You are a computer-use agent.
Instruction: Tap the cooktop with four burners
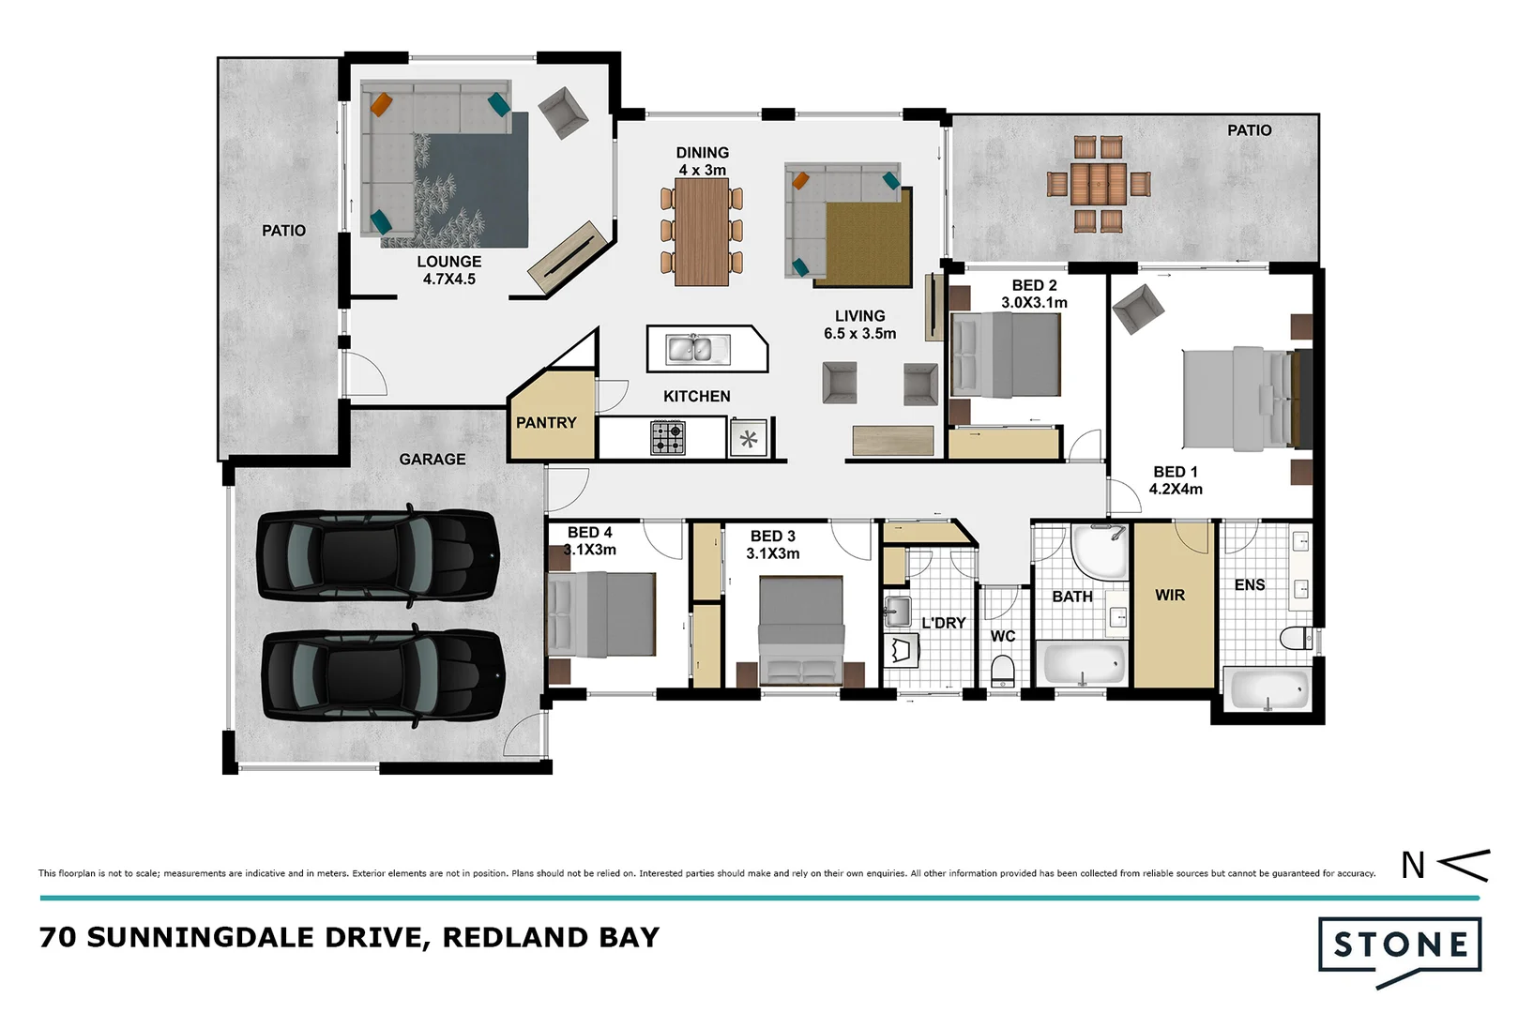click(668, 438)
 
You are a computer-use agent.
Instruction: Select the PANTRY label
click(546, 423)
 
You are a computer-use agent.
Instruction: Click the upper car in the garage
click(377, 555)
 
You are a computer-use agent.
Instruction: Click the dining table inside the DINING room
click(702, 231)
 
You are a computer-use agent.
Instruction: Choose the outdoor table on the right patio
click(1099, 184)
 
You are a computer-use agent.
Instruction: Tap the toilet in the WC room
click(1003, 672)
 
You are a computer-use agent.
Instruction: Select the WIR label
click(1170, 596)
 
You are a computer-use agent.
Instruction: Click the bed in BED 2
click(1006, 355)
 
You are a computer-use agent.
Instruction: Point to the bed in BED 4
click(601, 615)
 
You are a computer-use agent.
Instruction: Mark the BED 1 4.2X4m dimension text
click(1176, 489)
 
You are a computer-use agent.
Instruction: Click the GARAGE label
click(432, 460)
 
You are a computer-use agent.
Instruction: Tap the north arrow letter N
click(1413, 865)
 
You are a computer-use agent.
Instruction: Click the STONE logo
click(1400, 945)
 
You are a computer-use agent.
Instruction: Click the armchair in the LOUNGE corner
click(563, 113)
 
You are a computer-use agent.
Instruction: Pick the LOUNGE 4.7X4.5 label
click(449, 270)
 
